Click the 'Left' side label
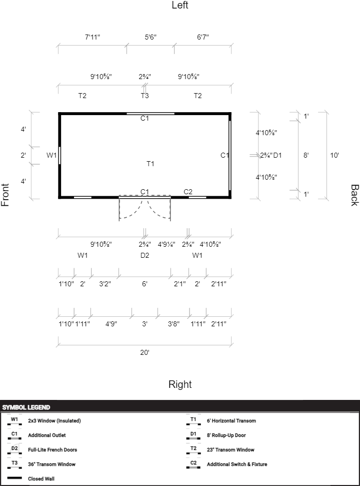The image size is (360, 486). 180,5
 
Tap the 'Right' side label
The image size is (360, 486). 180,384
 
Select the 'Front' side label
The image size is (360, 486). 5,195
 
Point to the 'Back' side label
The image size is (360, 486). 354,195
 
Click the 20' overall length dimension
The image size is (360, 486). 144,352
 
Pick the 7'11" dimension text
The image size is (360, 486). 92,37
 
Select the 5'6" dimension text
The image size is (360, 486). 150,37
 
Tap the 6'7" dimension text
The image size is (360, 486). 203,37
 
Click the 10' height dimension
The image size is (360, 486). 334,155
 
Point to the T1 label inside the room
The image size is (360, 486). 150,164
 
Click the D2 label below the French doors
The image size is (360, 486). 144,255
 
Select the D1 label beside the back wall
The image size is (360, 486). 277,155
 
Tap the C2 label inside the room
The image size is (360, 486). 188,192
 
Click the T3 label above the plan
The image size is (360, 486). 144,96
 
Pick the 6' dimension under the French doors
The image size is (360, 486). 144,284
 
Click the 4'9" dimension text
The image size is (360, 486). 111,324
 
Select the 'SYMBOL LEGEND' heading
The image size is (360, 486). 26,407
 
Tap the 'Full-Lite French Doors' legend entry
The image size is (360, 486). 52,450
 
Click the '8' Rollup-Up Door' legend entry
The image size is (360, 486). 226,435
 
